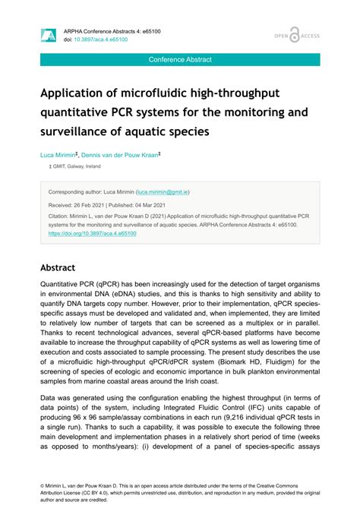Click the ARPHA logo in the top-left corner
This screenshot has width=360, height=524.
coord(48,36)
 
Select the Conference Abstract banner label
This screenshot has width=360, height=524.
coord(180,59)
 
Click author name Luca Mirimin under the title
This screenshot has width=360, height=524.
coord(57,155)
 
